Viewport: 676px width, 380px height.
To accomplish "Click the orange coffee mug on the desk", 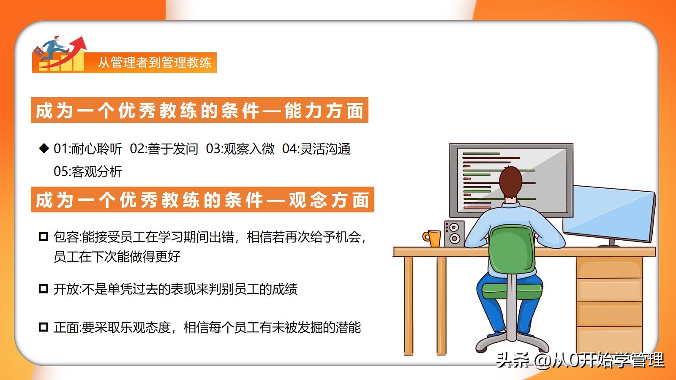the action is coord(433,239).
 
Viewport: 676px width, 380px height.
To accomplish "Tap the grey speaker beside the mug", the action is coord(454,234).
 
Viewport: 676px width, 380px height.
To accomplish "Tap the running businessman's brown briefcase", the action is coord(38,52).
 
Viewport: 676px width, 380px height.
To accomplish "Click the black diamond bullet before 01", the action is coord(44,148).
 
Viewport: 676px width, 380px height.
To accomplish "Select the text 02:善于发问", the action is coord(164,149).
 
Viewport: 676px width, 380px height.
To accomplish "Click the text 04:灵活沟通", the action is coord(316,149).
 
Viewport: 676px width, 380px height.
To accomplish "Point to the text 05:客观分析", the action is coord(88,171).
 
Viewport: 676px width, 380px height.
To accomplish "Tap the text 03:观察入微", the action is coord(240,149).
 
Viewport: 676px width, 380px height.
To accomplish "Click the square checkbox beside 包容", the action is coord(44,236).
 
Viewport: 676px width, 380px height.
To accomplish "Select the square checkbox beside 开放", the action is coord(44,289).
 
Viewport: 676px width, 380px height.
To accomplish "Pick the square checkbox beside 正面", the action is coord(44,327).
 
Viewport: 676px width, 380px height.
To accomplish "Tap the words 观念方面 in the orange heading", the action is coord(329,200).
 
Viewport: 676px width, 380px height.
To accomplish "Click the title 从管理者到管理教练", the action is coord(155,62).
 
